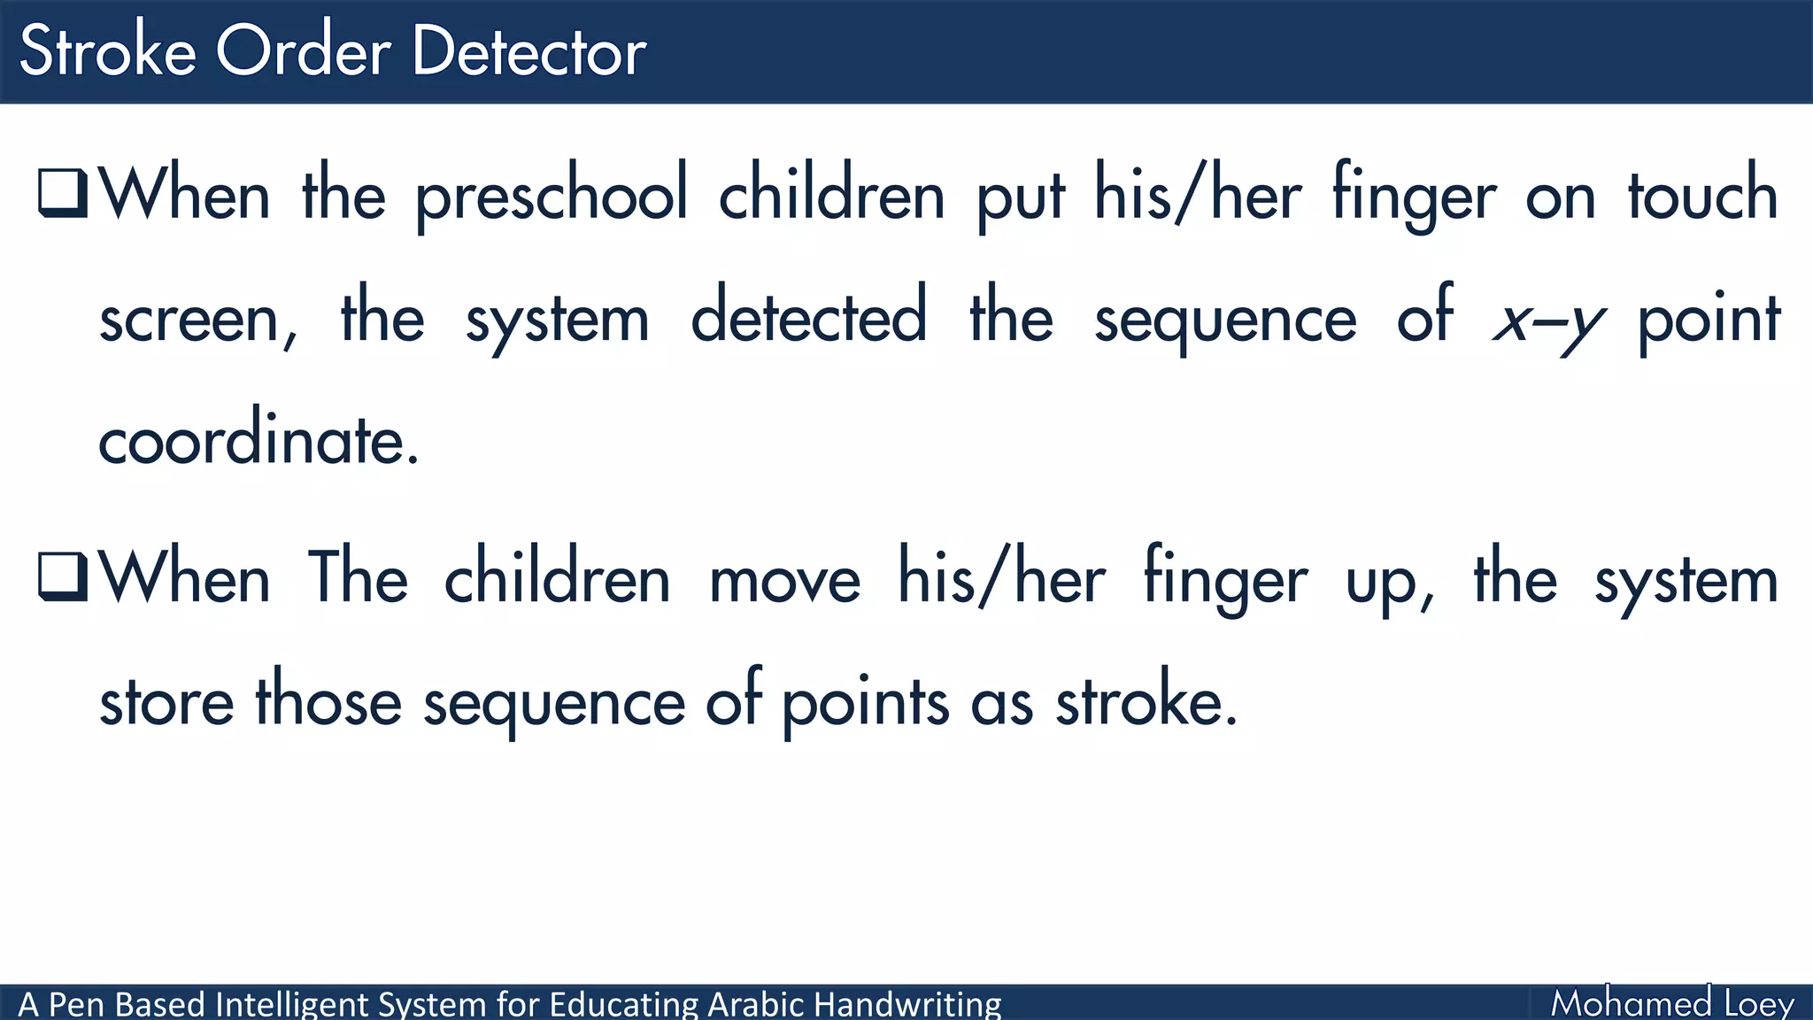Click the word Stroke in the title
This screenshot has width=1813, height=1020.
[x=107, y=51]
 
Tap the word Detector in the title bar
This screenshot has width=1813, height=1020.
[x=528, y=51]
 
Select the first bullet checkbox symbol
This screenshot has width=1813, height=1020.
[x=63, y=193]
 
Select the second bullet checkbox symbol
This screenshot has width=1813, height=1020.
[x=63, y=576]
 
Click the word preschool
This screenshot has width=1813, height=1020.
[x=552, y=196]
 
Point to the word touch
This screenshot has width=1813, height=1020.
[x=1702, y=196]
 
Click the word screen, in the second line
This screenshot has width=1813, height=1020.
[x=197, y=320]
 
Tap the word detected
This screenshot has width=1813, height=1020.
[x=808, y=317]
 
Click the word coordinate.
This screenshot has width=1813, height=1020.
[x=257, y=439]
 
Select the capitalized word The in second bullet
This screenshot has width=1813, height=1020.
[x=358, y=577]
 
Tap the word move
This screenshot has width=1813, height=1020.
[x=784, y=581]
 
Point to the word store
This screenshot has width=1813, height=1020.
[x=166, y=702]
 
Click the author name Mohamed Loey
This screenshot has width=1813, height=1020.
[x=1671, y=1003]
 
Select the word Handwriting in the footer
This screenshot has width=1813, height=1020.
[x=907, y=1004]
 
